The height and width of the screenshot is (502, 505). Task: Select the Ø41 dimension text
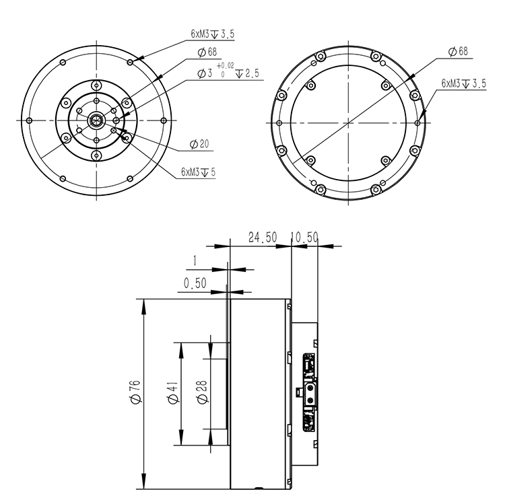coord(173,392)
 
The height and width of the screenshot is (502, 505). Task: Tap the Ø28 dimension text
coord(203,392)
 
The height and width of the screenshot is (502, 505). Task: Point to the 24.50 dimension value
coord(263,238)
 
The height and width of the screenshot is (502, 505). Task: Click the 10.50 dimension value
coord(304,238)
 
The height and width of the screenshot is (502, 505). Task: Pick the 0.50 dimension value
coord(195,283)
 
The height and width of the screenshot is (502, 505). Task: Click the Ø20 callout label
coord(199,144)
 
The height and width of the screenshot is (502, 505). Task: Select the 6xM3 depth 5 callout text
coord(198,172)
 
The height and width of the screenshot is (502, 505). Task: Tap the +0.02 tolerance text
coord(226,66)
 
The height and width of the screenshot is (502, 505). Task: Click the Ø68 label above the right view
coord(458,52)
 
